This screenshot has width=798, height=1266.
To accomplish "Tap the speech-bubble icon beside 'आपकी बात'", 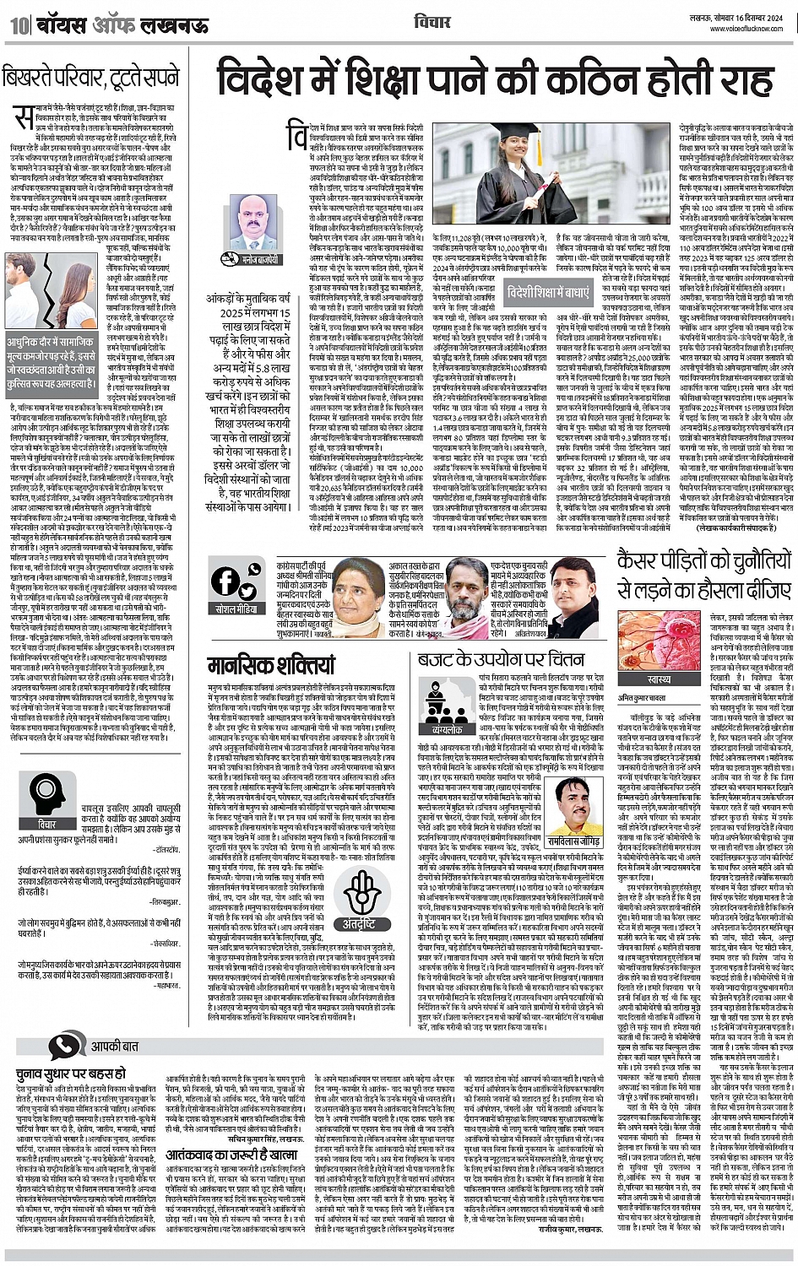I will point(66,1047).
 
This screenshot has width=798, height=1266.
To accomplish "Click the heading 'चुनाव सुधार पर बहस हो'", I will point(72,1074).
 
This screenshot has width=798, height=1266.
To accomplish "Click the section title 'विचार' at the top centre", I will point(433,23).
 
